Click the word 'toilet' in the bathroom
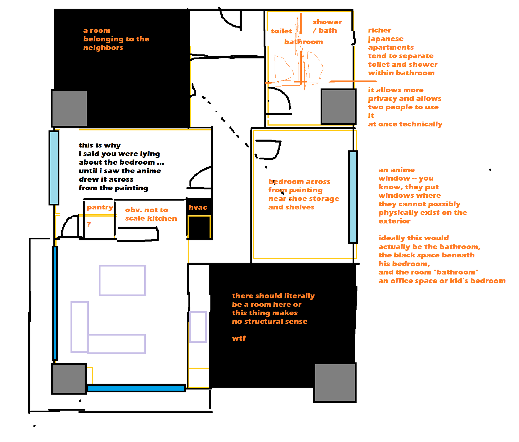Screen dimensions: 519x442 pos(281,31)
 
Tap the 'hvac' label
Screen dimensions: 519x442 pos(197,207)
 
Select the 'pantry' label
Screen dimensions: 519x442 pos(100,208)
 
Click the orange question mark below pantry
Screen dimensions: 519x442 pos(89,224)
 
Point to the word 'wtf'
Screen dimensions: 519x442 pos(239,338)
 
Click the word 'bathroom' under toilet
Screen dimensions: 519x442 pos(303,42)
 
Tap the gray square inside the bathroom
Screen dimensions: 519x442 pos(338,107)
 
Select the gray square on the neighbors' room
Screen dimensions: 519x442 pos(69,108)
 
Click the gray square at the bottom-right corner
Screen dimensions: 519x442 pos(335,382)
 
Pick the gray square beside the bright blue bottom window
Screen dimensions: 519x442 pos(69,378)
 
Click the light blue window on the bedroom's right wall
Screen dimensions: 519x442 pos(353,197)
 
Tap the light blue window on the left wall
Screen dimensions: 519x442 pos(54,168)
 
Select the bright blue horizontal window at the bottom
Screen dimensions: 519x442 pos(136,388)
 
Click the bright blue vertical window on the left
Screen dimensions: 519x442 pos(55,303)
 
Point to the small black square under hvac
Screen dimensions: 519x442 pos(199,227)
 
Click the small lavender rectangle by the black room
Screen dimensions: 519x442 pos(198,327)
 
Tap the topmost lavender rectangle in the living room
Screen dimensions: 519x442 pos(122,280)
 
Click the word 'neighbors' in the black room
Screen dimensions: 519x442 pos(103,48)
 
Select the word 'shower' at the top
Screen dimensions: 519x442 pos(327,22)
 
